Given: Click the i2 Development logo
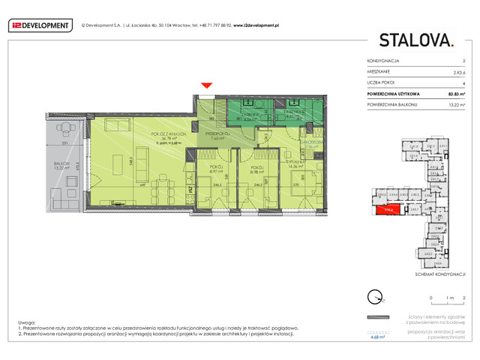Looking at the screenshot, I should [x=39, y=26].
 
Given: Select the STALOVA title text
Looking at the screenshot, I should [x=415, y=40].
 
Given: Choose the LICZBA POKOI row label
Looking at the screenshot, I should [x=379, y=82].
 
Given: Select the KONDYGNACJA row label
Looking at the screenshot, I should [x=381, y=61].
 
